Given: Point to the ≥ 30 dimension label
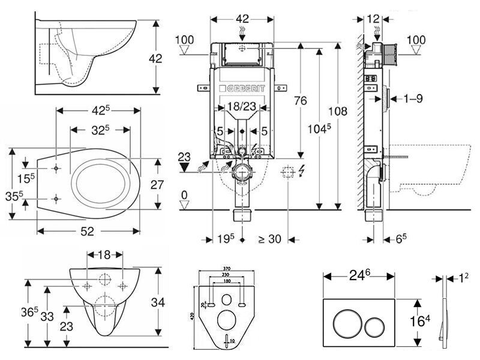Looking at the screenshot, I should pyautogui.click(x=269, y=239).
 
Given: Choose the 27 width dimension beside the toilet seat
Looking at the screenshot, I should pyautogui.click(x=157, y=185).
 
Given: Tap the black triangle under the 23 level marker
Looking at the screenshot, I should pyautogui.click(x=185, y=169).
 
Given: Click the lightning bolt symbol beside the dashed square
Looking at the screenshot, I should pyautogui.click(x=301, y=172).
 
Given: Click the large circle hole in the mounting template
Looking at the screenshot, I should pyautogui.click(x=226, y=319).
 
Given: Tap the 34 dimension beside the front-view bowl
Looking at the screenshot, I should pyautogui.click(x=157, y=304).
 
